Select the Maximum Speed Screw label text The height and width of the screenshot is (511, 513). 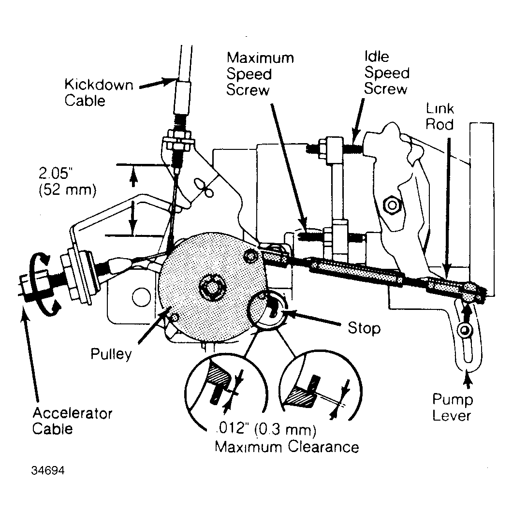260,74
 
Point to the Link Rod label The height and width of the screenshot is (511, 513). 440,116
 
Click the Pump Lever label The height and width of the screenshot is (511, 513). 453,408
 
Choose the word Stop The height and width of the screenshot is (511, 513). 364,329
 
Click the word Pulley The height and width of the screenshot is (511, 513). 111,354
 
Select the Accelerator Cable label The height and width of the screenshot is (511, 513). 72,421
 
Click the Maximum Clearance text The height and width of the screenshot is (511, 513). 287,446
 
